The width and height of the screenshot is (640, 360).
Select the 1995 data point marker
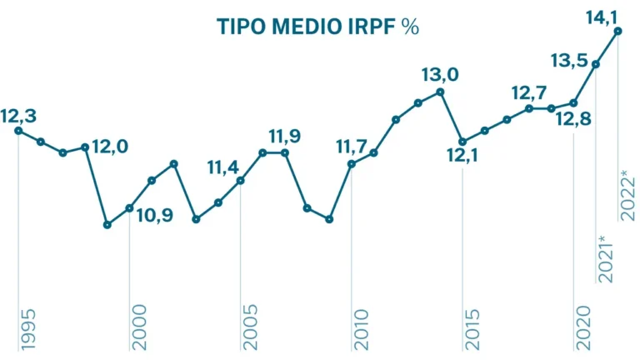(18, 131)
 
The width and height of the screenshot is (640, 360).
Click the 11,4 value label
(227, 169)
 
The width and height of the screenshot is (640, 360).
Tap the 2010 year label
(362, 327)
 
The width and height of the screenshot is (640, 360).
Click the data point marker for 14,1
(618, 32)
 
